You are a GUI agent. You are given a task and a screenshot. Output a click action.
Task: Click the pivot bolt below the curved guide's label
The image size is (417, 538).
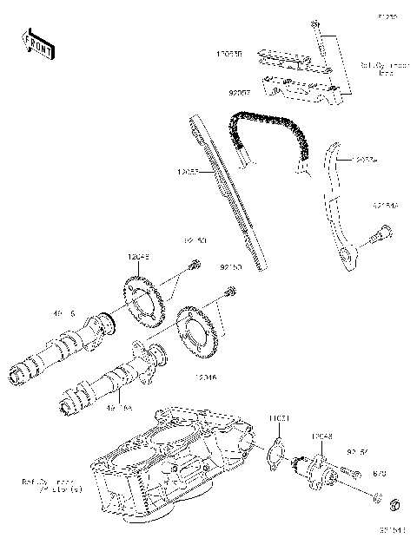(378, 233)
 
